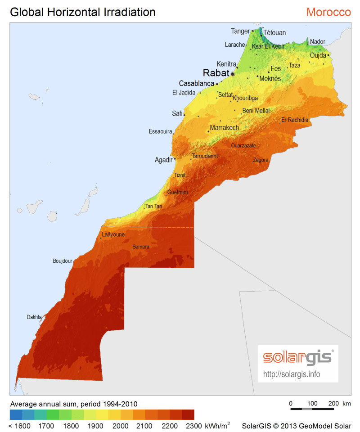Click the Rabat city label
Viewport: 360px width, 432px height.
point(216,73)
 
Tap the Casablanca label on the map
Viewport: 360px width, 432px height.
point(196,84)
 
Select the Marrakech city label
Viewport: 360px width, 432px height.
point(224,128)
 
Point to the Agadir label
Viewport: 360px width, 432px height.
point(163,160)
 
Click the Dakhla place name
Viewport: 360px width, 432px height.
point(34,317)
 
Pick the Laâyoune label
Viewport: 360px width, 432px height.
point(113,234)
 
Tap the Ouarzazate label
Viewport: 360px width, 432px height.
point(243,145)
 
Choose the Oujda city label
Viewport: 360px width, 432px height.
point(318,55)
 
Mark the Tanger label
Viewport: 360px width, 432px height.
point(240,31)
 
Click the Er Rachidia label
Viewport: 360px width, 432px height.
point(295,120)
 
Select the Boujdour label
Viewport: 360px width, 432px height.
point(63,261)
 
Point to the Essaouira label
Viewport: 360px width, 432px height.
point(161,132)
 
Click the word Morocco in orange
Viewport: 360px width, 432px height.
point(328,12)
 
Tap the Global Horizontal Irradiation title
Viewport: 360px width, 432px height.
point(83,12)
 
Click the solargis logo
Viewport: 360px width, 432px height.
point(297,357)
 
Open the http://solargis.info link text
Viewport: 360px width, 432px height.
point(292,374)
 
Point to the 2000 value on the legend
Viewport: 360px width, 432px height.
point(120,426)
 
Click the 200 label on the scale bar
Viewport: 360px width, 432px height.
point(333,403)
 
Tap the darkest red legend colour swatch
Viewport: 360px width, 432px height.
point(188,414)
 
